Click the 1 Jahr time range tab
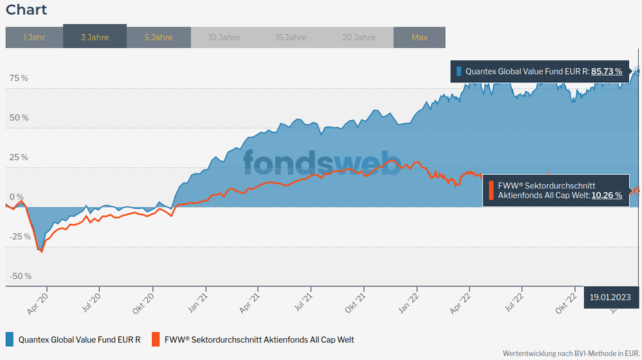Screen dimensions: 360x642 (34, 37)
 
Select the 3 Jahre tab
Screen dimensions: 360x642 (95, 37)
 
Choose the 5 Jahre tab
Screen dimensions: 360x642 (158, 37)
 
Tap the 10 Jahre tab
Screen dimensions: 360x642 (224, 37)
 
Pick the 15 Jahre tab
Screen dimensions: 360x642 (291, 37)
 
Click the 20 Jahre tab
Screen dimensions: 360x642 (358, 37)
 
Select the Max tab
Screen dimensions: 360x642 (419, 37)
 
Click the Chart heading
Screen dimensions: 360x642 (26, 10)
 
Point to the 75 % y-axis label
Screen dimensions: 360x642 (19, 78)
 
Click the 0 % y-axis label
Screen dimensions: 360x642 (15, 197)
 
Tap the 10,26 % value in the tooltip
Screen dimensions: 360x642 (607, 195)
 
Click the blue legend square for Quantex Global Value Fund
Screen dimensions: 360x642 (10, 339)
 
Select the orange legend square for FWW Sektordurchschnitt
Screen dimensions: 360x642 (155, 339)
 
